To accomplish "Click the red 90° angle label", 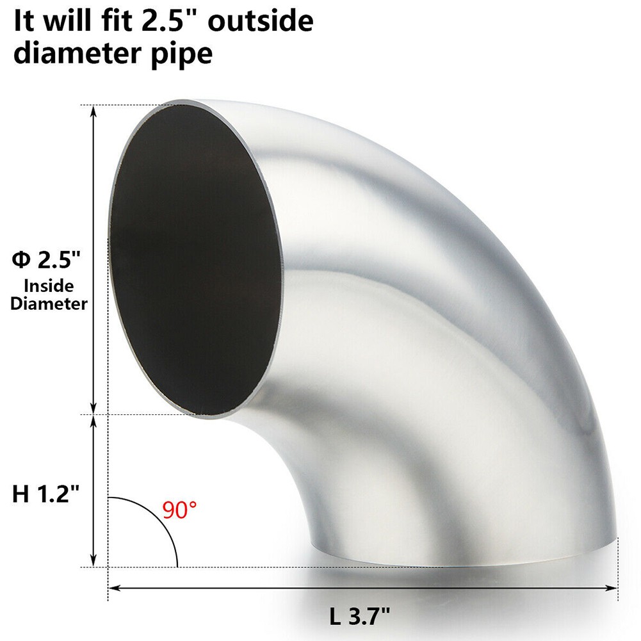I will pos(179,510).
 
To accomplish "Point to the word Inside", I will pos(49,286).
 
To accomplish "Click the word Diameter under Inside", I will pos(49,304).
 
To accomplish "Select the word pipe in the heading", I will pos(181,53).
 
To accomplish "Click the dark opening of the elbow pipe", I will pos(195,256).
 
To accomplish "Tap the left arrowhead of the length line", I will pos(113,587).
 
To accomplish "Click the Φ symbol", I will pos(21,260).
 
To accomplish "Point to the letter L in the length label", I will pos(335,619).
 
